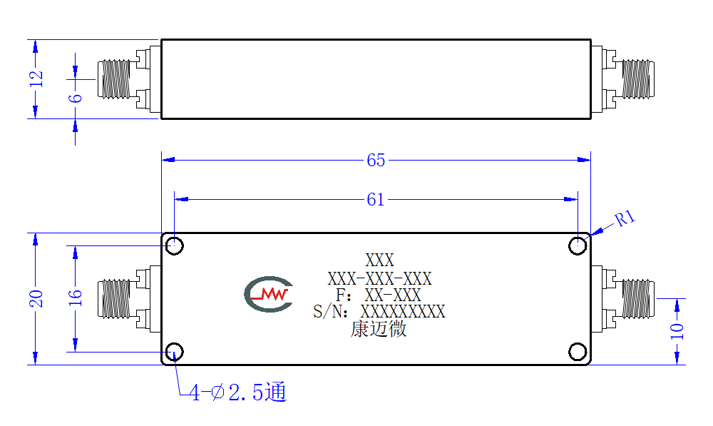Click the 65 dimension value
(x=376, y=161)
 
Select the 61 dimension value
(x=376, y=199)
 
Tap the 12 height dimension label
(x=36, y=79)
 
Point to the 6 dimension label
(x=76, y=98)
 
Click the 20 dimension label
(x=36, y=298)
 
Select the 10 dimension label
(x=677, y=331)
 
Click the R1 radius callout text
(x=625, y=218)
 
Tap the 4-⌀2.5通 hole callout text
(x=238, y=392)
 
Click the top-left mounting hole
(x=174, y=245)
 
